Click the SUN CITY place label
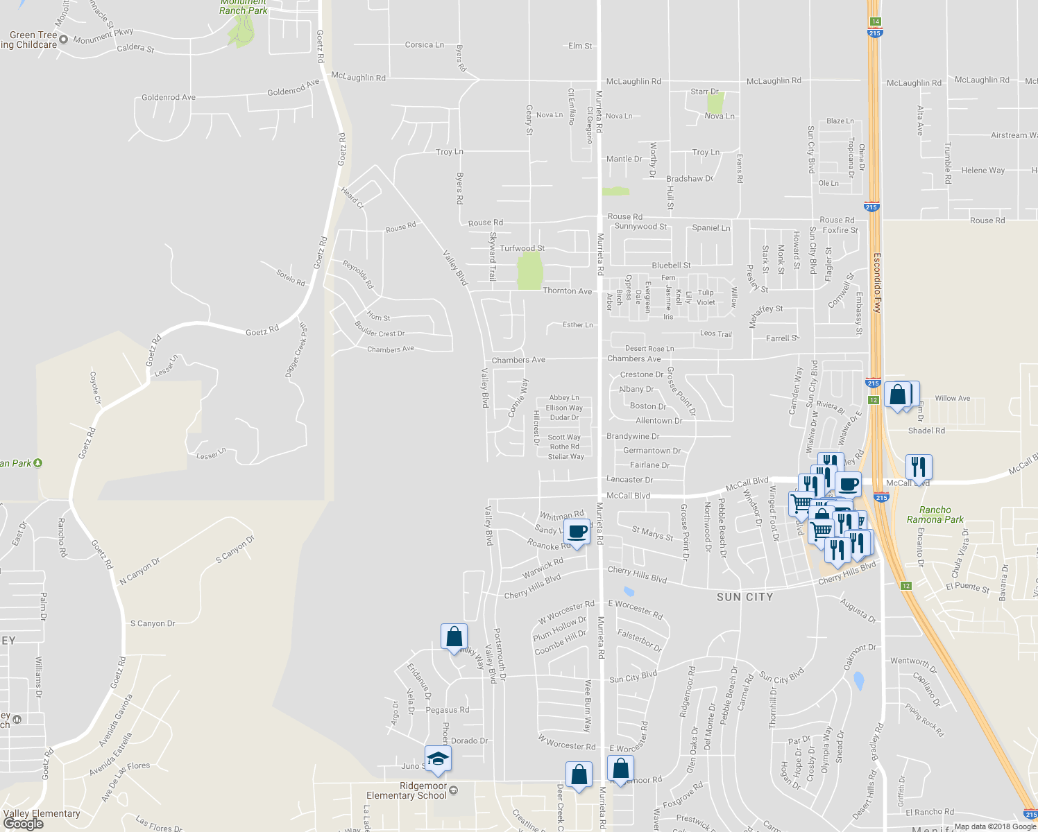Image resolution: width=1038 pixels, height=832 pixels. coord(745,597)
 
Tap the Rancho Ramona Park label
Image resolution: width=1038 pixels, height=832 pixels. coord(935,514)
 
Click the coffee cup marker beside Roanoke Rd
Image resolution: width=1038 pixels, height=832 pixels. coord(577,532)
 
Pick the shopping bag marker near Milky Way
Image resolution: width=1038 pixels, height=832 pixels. coord(454,636)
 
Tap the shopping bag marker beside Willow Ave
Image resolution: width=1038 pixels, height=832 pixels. coord(898,395)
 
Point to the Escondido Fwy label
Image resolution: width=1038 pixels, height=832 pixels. coord(877,283)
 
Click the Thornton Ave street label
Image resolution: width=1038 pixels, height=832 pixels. coord(567,291)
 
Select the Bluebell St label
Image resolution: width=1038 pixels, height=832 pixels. coord(671,266)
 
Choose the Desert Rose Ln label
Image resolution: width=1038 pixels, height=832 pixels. coord(649,349)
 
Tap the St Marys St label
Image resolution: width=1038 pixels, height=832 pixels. coord(652,533)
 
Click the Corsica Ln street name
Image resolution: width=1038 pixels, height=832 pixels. coord(424,45)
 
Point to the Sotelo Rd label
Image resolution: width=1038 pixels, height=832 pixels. coord(291,278)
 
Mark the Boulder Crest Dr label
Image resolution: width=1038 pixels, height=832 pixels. coord(380,329)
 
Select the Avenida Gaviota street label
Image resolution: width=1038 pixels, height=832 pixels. coord(115,720)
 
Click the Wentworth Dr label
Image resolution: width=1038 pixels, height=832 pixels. coord(913,665)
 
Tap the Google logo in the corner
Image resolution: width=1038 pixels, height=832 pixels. coord(23,824)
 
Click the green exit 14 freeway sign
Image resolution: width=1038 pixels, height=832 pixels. coord(876,21)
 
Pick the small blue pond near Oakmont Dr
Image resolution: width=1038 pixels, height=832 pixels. coord(859,681)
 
